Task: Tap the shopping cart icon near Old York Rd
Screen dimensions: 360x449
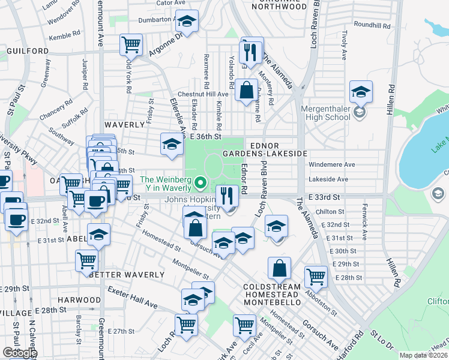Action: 131,44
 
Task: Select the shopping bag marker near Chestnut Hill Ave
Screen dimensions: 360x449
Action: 246,91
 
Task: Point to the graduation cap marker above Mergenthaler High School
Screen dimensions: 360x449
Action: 361,92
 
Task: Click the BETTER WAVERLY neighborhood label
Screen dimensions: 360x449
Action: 126,275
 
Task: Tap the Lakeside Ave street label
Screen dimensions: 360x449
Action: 328,179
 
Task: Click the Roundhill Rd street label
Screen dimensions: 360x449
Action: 372,26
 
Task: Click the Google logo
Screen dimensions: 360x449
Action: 19,353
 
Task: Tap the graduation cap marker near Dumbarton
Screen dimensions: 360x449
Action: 187,22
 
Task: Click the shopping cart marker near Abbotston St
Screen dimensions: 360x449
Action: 315,277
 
